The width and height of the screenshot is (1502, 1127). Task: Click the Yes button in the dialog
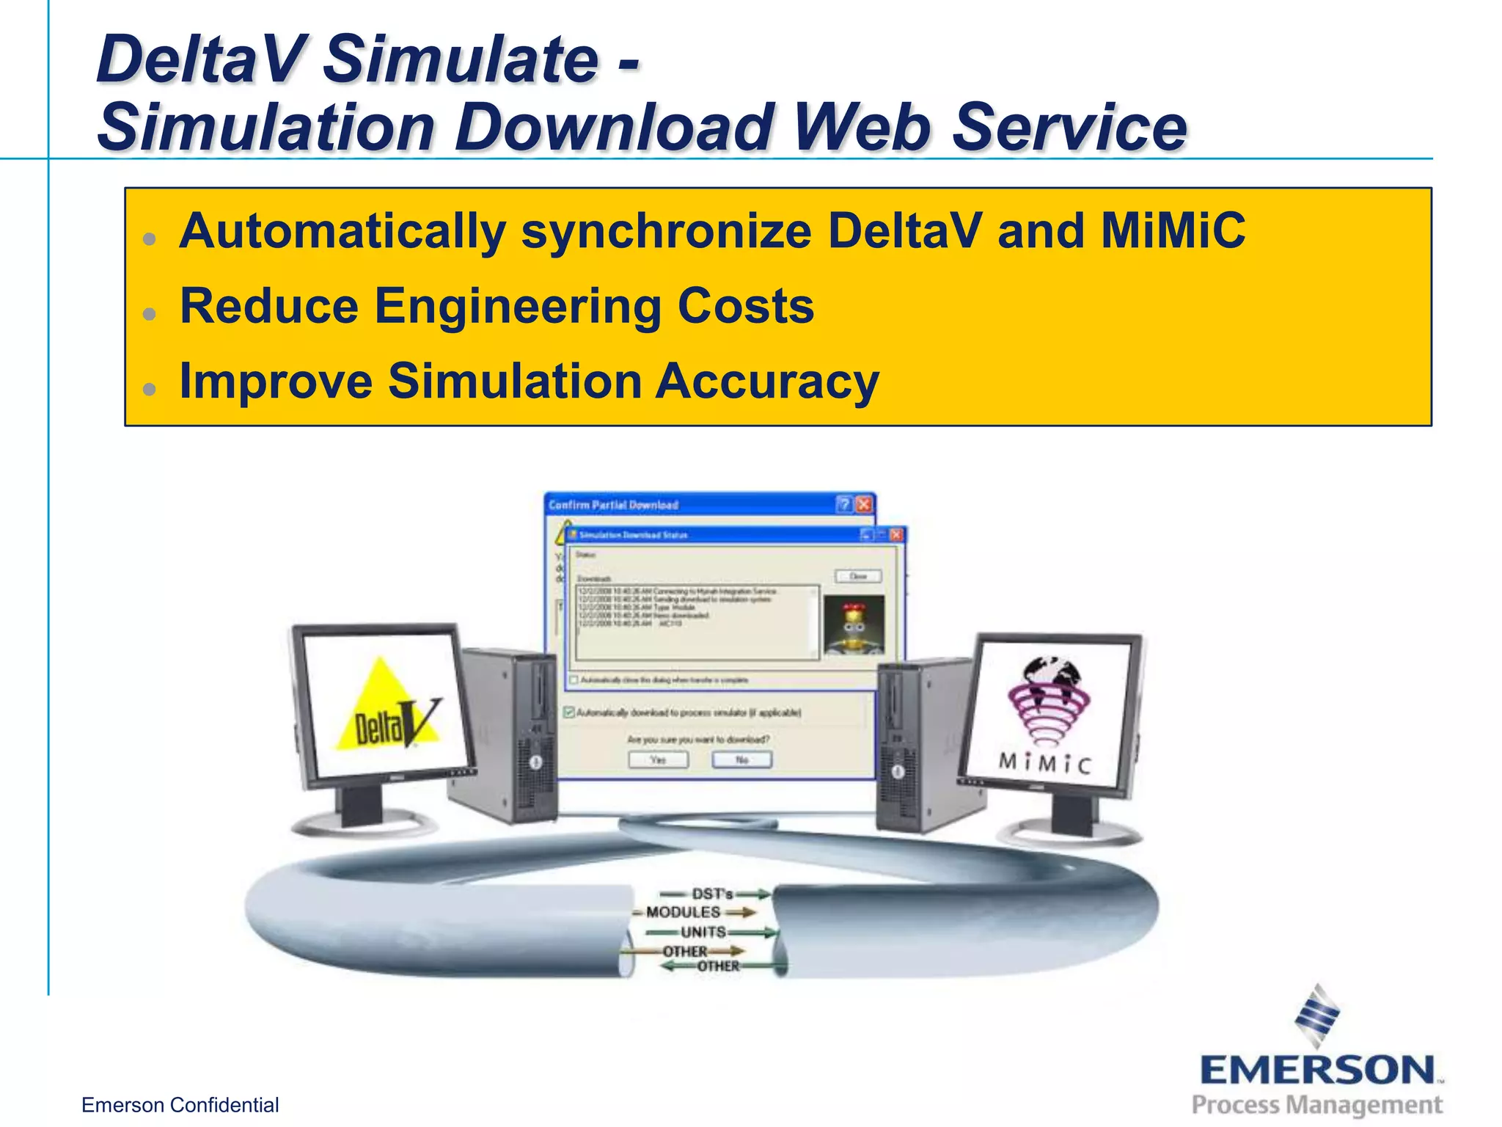tap(659, 759)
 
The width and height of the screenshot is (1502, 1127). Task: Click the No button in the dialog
tap(741, 759)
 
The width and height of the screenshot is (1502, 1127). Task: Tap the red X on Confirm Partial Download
tap(865, 505)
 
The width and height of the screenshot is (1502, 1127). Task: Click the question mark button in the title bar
tap(845, 505)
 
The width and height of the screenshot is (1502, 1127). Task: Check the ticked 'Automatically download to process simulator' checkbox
tap(569, 712)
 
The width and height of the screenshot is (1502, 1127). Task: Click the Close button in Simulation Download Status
tap(858, 577)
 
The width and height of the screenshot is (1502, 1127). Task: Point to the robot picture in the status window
tap(854, 625)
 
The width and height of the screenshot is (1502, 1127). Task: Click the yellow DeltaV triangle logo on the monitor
tap(386, 709)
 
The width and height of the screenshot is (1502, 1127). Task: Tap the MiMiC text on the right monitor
tap(1045, 764)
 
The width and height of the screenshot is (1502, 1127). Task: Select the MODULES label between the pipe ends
tap(684, 912)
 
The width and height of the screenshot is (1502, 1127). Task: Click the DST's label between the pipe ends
tap(712, 894)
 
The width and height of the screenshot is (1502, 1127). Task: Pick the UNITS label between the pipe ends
tap(703, 932)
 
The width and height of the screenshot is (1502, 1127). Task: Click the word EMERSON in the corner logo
tap(1317, 1071)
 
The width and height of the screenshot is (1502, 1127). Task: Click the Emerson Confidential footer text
tap(180, 1105)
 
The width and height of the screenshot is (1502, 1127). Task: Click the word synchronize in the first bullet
tap(666, 230)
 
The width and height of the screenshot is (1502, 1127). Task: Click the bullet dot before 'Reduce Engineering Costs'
tap(150, 314)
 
